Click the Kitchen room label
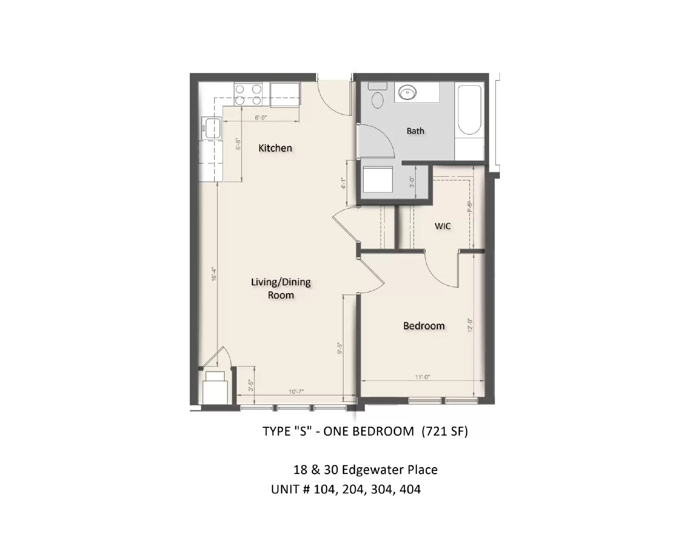pyautogui.click(x=275, y=148)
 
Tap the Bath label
pyautogui.click(x=415, y=131)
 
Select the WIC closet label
pyautogui.click(x=442, y=226)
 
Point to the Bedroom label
pyautogui.click(x=423, y=326)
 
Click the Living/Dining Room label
pyautogui.click(x=281, y=288)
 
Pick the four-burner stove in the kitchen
pyautogui.click(x=248, y=95)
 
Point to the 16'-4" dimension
pyautogui.click(x=214, y=274)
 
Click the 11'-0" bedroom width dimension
pyautogui.click(x=422, y=377)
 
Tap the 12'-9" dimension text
pyautogui.click(x=470, y=325)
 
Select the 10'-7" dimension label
pyautogui.click(x=296, y=392)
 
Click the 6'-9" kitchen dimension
pyautogui.click(x=260, y=117)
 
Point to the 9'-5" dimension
pyautogui.click(x=340, y=348)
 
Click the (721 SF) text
pyautogui.click(x=445, y=431)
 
